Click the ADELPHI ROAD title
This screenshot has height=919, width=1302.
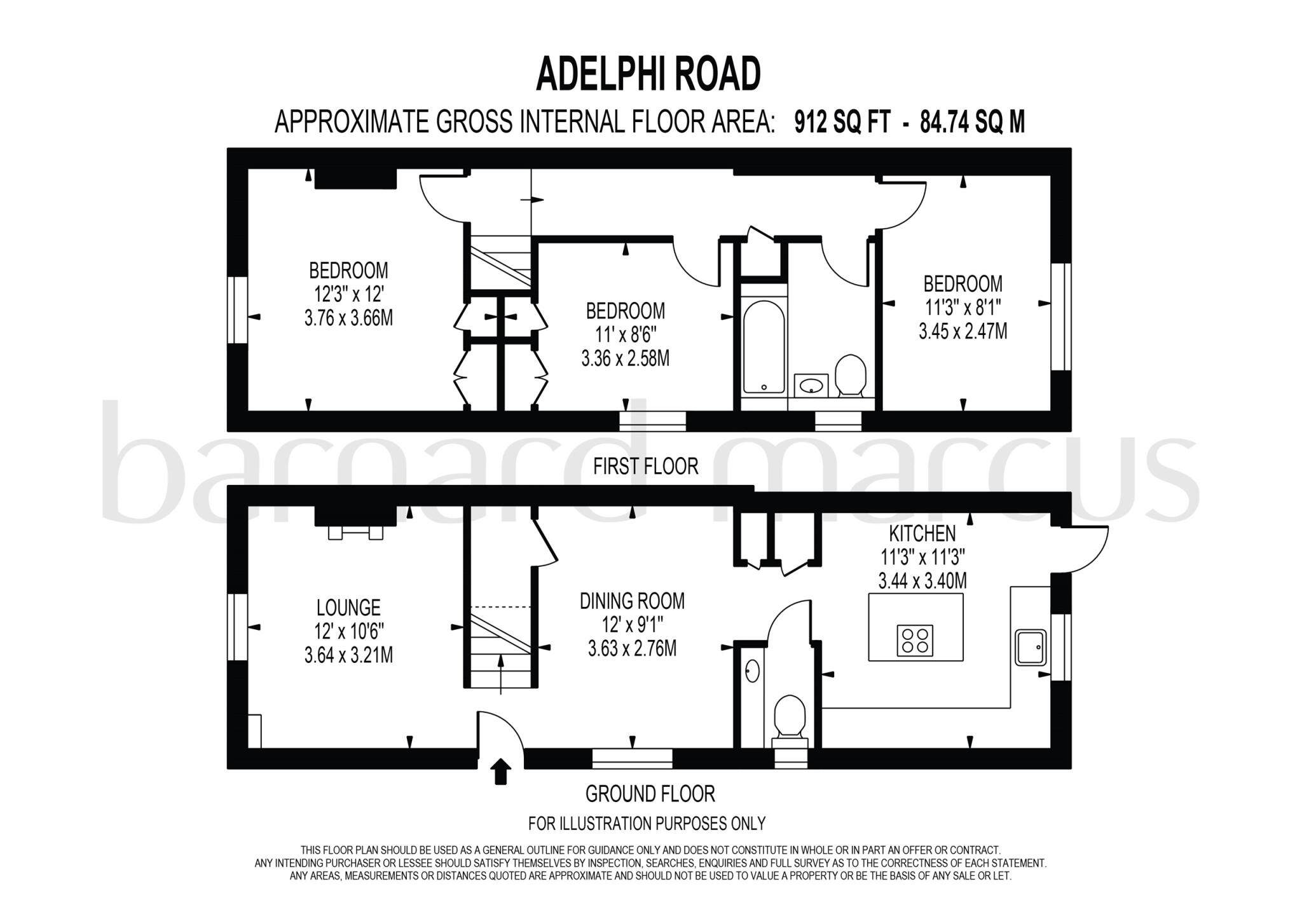pyautogui.click(x=648, y=74)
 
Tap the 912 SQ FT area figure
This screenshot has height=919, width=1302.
pyautogui.click(x=842, y=122)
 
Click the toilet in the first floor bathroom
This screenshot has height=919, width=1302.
pyautogui.click(x=850, y=376)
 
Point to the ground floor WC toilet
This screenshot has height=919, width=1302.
pyautogui.click(x=789, y=717)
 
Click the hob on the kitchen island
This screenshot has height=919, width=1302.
pyautogui.click(x=915, y=640)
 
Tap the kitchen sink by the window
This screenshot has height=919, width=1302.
pyautogui.click(x=1031, y=647)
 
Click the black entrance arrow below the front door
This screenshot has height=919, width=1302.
pyautogui.click(x=502, y=771)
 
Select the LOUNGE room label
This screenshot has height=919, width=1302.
pyautogui.click(x=348, y=608)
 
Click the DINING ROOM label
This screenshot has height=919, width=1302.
pyautogui.click(x=632, y=601)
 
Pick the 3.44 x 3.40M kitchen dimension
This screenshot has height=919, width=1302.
pyautogui.click(x=922, y=581)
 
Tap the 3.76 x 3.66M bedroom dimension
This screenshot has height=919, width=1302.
pyautogui.click(x=348, y=318)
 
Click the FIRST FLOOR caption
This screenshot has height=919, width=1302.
pyautogui.click(x=645, y=466)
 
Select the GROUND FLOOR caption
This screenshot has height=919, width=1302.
pyautogui.click(x=650, y=794)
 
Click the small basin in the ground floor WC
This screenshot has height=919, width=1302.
pyautogui.click(x=752, y=671)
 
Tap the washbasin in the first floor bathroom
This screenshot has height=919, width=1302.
pyautogui.click(x=811, y=385)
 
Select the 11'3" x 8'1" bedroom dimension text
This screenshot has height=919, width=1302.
pyautogui.click(x=963, y=308)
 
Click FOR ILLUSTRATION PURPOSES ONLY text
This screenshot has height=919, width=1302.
pyautogui.click(x=647, y=824)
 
